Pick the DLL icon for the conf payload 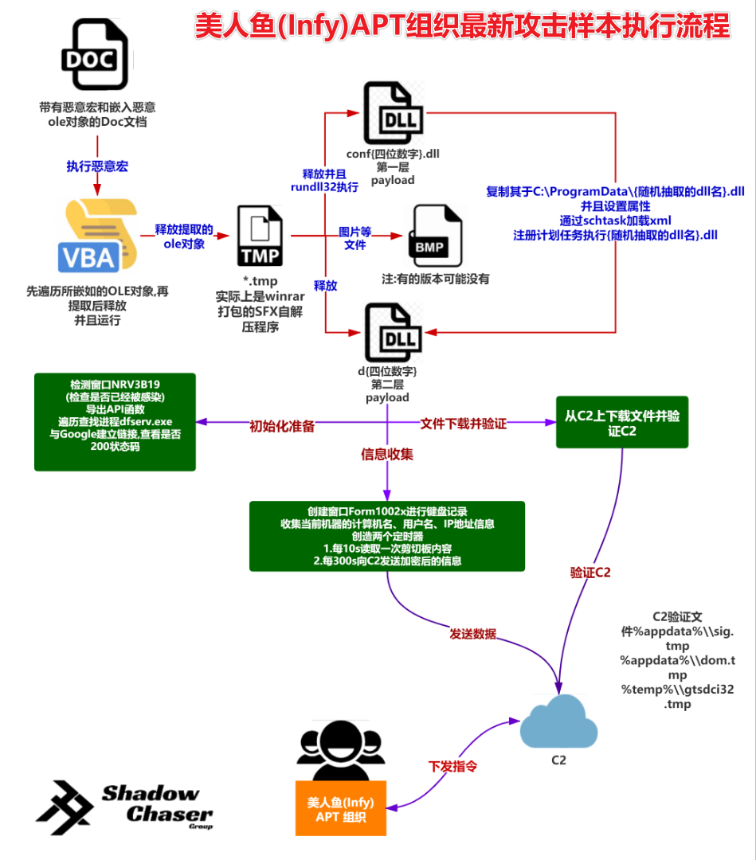pos(392,113)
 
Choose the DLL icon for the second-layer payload pos(392,332)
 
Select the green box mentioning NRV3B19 pos(115,422)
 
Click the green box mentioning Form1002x pos(387,536)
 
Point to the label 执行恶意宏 pos(97,167)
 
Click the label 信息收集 pos(387,455)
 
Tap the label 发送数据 pos(473,634)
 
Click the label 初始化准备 pos(282,426)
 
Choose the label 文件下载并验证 pos(464,424)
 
